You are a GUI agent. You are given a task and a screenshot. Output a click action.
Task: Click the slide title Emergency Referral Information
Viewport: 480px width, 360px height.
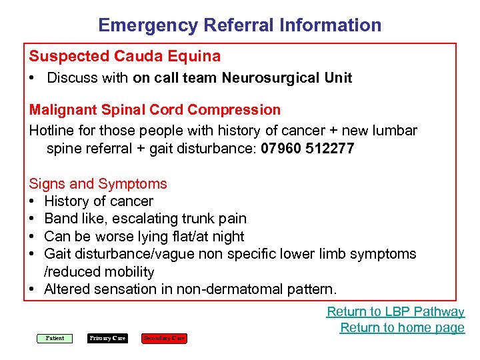240,25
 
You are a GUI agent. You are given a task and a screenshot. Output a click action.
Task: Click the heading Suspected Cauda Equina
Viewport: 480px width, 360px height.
125,56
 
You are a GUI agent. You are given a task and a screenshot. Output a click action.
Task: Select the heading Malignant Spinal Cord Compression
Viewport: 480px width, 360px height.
155,109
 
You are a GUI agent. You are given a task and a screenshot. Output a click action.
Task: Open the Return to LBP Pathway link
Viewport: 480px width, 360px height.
395,311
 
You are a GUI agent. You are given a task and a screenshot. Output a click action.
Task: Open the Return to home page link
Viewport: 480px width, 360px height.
402,327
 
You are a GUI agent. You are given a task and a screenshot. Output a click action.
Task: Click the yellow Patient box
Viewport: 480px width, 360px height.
55,338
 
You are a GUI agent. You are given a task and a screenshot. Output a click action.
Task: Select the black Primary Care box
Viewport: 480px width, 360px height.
107,338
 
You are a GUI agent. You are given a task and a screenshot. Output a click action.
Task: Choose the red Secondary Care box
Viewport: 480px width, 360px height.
164,338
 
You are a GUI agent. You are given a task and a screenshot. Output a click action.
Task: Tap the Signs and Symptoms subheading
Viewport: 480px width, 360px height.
98,183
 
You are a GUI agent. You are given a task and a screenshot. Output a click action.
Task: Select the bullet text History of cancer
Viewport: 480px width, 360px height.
99,201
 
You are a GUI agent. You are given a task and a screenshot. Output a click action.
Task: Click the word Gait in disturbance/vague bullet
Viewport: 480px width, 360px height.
57,254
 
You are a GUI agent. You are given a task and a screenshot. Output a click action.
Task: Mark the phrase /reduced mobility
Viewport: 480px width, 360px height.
99,272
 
